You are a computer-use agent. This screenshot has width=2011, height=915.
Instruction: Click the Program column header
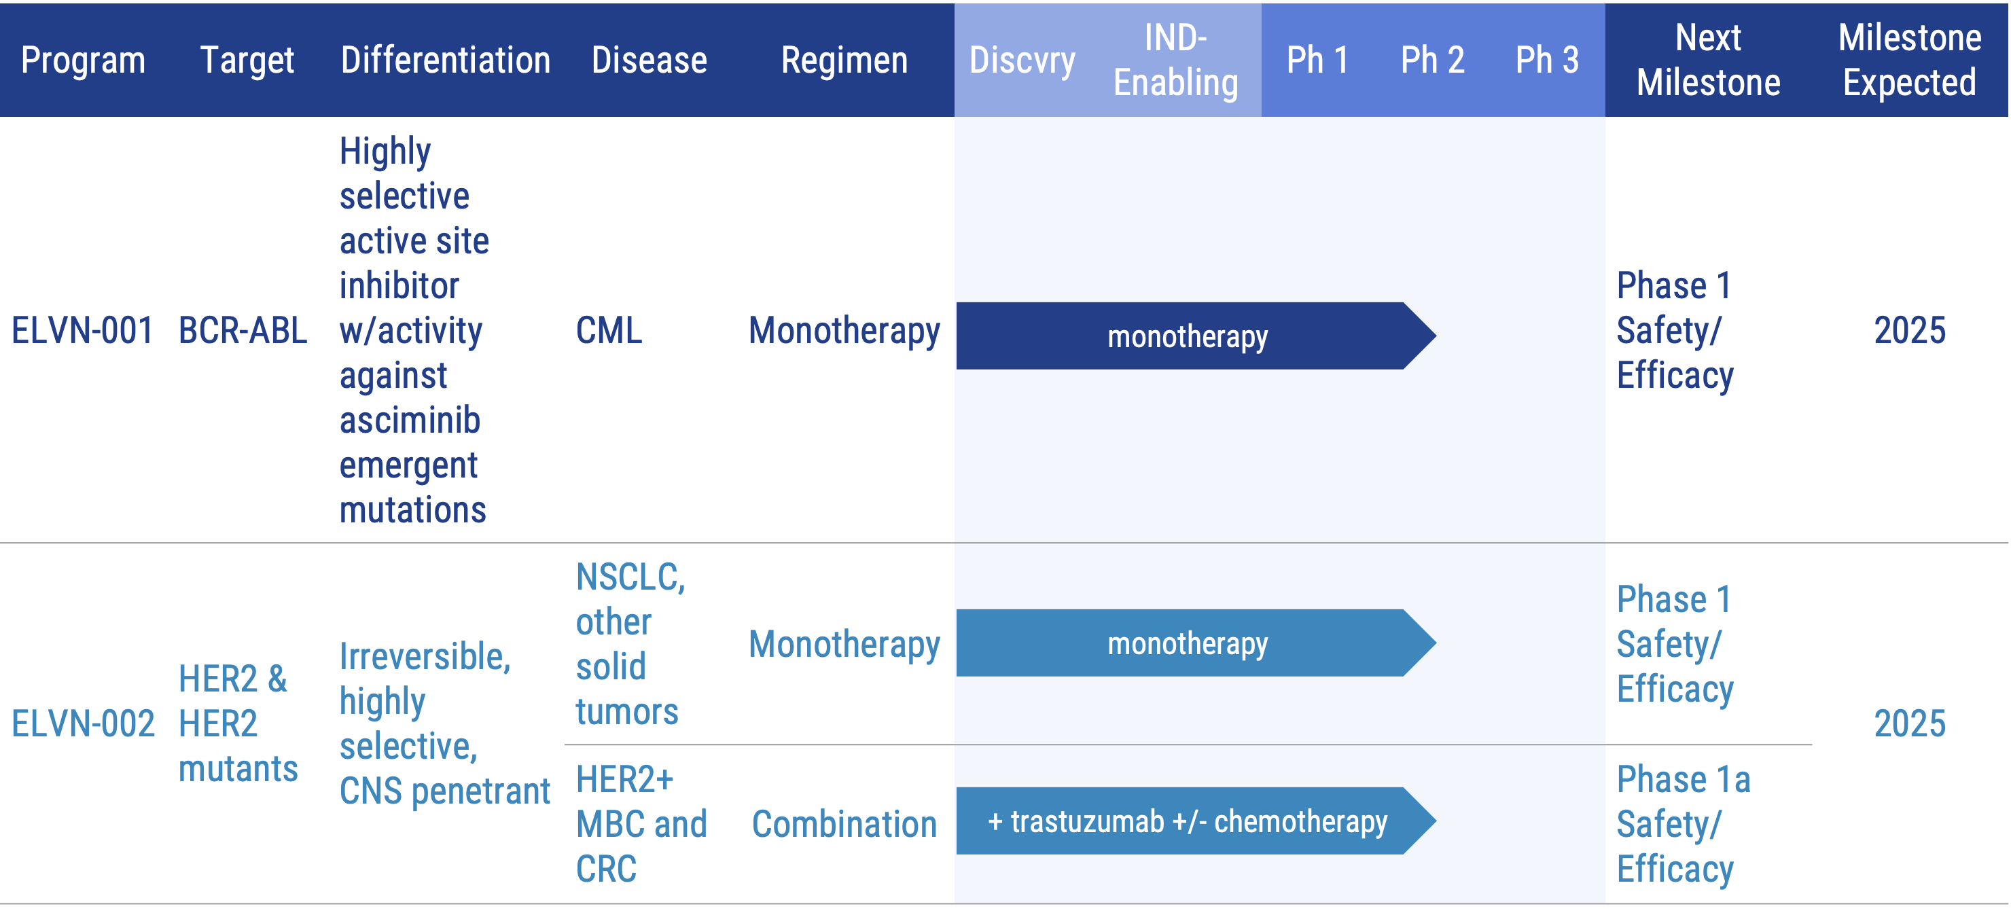[83, 60]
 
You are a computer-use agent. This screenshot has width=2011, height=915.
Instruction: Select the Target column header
[247, 60]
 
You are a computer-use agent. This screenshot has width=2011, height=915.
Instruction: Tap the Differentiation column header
[445, 60]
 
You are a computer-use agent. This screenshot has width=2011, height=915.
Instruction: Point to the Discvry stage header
[1022, 60]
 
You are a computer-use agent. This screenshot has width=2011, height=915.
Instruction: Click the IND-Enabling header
[1175, 60]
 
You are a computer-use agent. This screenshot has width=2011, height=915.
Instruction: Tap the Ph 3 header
[1546, 60]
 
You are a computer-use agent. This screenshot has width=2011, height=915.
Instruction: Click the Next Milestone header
[1708, 60]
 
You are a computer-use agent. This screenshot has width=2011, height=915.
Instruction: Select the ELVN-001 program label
[82, 330]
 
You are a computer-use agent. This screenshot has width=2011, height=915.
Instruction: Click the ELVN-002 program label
[83, 723]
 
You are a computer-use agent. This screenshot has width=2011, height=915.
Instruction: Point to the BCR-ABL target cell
[242, 330]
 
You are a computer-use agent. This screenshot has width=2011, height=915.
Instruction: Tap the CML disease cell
[609, 330]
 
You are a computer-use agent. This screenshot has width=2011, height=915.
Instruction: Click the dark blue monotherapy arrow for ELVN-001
[1187, 336]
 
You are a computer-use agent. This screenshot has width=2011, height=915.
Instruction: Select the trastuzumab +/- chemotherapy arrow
[1187, 821]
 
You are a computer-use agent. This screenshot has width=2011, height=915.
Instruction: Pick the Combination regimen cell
[844, 825]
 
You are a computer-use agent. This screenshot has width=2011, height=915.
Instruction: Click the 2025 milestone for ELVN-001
[1910, 330]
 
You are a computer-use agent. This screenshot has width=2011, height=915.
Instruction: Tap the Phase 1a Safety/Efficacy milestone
[1682, 825]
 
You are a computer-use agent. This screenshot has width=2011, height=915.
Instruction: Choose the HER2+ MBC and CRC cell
[641, 825]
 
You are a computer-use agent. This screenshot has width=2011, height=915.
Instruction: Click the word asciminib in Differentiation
[410, 420]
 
